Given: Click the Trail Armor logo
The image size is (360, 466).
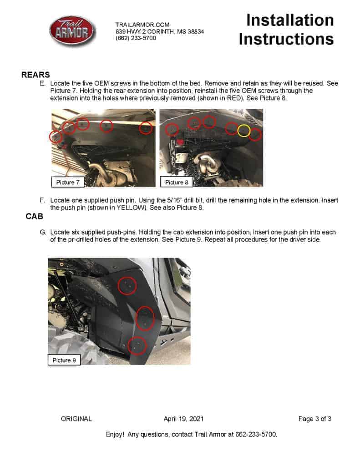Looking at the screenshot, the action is [72, 31].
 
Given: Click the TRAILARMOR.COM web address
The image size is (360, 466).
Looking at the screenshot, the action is [142, 25].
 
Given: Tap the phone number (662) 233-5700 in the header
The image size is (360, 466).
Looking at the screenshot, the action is [136, 38].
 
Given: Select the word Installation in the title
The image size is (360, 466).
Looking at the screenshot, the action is [290, 20].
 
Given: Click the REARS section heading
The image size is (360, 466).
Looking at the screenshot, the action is [35, 75].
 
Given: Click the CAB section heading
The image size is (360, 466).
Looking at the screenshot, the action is [34, 216].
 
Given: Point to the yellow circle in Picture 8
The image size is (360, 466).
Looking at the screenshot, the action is [244, 131].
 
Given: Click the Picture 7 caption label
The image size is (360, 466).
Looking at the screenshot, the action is [68, 182].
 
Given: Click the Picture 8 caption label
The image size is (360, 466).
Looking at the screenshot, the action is [177, 182].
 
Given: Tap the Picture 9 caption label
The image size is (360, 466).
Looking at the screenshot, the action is [64, 360].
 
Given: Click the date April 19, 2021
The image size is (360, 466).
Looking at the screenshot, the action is [183, 419].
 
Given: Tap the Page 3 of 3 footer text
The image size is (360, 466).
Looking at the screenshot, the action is [315, 419].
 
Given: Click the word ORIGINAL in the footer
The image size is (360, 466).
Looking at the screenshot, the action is [76, 419].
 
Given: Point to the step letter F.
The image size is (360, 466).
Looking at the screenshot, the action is [42, 200].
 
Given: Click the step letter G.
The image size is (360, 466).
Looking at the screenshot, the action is [43, 232].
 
